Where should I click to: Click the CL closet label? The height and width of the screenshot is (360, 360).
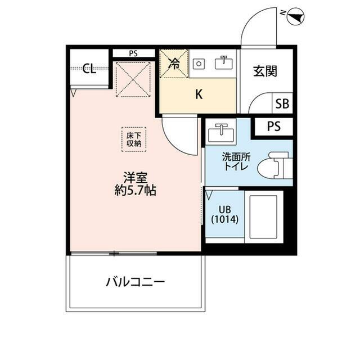click(89, 69)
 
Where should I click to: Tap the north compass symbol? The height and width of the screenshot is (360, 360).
click(295, 19)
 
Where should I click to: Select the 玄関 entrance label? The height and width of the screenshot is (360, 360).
click(264, 71)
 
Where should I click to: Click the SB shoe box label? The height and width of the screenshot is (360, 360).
click(282, 104)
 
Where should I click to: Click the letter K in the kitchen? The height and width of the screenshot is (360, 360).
click(198, 94)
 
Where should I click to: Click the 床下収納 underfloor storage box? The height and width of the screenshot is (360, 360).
click(134, 139)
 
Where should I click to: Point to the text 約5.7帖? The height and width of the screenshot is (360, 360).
click(134, 190)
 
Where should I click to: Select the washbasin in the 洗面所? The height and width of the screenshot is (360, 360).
click(220, 134)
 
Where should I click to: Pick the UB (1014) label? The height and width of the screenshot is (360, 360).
click(225, 214)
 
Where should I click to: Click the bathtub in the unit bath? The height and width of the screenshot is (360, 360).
click(262, 218)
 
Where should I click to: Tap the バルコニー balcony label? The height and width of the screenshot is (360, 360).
click(135, 281)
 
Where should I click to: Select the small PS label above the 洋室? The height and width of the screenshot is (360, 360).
click(133, 54)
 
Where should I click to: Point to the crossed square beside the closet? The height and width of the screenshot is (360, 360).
click(133, 79)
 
